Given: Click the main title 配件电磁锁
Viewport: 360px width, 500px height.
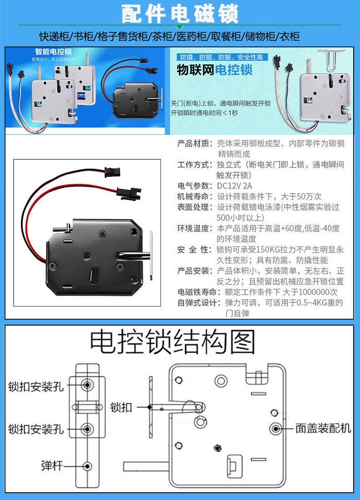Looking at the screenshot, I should coord(180,14).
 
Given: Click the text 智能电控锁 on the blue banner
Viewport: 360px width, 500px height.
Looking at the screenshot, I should coord(53,52).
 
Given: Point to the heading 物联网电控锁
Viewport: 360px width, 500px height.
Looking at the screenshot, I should coord(215,71).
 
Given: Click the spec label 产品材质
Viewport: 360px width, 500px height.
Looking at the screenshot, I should coord(195,143).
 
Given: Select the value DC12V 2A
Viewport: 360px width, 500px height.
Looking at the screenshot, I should coord(234,186).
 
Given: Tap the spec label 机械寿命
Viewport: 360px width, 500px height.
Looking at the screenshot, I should coord(195,196).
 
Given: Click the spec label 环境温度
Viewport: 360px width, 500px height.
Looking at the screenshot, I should coord(195,228).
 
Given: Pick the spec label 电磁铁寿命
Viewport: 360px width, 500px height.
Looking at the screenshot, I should coord(198,292).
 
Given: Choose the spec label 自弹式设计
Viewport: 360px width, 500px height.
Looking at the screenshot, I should coord(198,302).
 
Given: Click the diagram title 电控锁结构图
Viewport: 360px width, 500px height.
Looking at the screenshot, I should coord(172,342).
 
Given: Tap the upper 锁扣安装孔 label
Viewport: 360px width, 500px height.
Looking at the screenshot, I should coord(36,387).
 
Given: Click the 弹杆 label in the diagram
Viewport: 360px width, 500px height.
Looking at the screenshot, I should coord(51,465).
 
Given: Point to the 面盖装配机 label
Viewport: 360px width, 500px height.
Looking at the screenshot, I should coord(323,429).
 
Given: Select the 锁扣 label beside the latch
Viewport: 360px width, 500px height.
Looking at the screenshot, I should coord(121,407).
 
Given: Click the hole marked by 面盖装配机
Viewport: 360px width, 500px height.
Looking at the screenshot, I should coord(276,429).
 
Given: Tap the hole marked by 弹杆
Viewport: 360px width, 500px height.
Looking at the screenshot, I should coord(87,465).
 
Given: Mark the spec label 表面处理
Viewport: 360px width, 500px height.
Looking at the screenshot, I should coord(195,207).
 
